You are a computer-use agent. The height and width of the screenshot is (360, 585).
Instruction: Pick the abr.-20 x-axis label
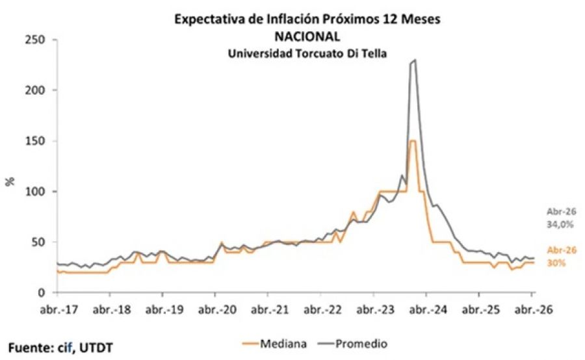215,310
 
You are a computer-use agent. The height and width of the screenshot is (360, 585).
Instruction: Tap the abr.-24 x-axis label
425,310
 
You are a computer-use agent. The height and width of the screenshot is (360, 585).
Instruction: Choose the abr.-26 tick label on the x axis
531,310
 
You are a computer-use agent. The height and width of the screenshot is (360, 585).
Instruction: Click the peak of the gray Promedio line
415,60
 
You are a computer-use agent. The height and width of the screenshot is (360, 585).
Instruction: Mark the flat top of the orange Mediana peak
412,140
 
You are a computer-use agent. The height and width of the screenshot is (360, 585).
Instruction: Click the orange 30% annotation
557,263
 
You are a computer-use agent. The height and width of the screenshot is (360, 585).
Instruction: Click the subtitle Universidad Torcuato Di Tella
307,54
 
